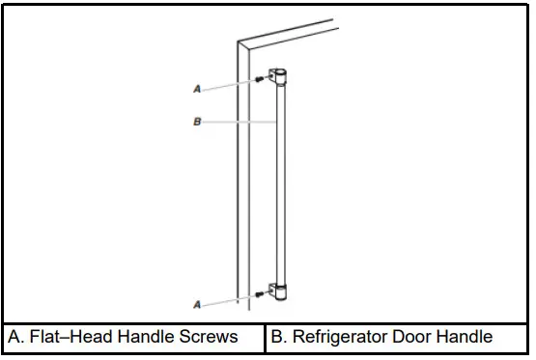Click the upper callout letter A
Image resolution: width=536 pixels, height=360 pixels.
(197, 88)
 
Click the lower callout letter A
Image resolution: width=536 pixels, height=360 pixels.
(197, 304)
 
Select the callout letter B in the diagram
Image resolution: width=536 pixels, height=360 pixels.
(197, 123)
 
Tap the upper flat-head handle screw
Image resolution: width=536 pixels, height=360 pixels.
(261, 80)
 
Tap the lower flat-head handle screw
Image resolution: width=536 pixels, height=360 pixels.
(261, 293)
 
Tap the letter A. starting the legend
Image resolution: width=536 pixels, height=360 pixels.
(16, 337)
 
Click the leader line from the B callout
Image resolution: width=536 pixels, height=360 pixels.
(241, 123)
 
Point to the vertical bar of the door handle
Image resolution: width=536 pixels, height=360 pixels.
(281, 183)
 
